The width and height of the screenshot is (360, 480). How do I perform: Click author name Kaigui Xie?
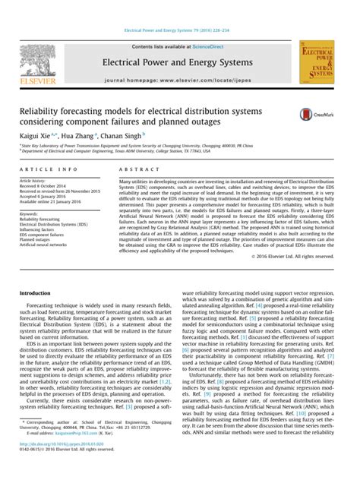(36, 134)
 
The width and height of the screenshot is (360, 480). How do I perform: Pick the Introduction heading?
(35, 292)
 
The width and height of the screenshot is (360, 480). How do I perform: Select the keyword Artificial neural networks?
(47, 245)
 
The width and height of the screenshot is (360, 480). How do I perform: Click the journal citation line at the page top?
(179, 11)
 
